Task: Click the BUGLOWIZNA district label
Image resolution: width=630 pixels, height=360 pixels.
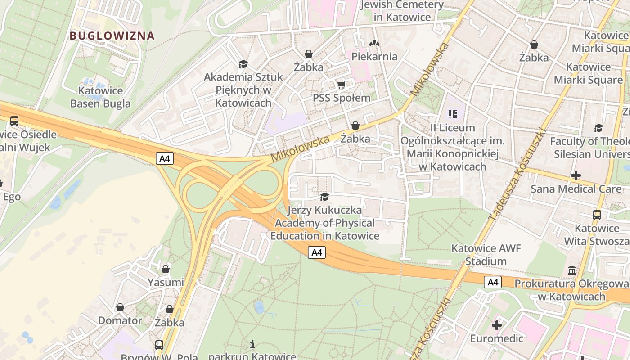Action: point(112,36)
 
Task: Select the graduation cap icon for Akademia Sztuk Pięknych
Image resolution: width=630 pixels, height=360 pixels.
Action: point(243,64)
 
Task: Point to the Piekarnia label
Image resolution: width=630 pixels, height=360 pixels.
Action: point(374,56)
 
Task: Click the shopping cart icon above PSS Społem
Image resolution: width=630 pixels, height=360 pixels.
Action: point(341,85)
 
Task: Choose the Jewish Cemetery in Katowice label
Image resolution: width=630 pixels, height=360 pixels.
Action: point(402,11)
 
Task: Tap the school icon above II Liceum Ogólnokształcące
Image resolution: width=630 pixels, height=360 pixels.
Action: point(453,114)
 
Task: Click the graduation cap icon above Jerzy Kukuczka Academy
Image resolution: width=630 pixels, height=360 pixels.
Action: point(324,197)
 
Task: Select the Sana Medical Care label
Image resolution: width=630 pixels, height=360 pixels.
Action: point(576,189)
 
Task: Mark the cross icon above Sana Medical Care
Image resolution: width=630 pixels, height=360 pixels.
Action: point(576,175)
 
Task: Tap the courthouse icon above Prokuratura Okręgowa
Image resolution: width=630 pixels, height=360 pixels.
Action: point(572,270)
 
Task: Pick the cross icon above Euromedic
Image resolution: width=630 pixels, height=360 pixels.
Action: point(497,325)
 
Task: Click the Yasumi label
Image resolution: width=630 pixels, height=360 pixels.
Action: point(166,282)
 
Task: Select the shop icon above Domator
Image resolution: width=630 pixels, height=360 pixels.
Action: point(120,307)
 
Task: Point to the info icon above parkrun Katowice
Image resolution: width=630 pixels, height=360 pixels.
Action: point(252,344)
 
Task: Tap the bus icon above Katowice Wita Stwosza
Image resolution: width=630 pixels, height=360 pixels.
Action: point(597,215)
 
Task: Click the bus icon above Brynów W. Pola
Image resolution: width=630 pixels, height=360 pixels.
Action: point(159,345)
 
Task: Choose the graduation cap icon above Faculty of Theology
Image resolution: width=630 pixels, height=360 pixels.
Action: point(598,128)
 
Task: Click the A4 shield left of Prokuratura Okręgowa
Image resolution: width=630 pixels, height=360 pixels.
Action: point(493,282)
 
